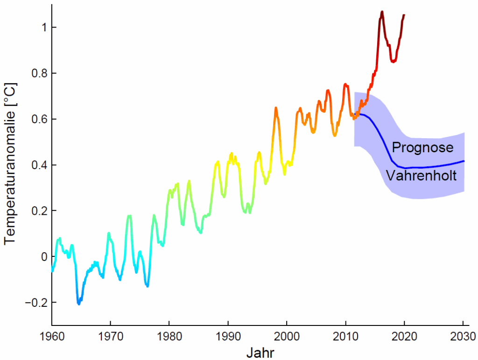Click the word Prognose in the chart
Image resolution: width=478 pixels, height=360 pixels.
[x=422, y=148]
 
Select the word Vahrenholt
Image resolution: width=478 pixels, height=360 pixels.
[x=421, y=176]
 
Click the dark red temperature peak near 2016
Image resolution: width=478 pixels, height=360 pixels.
[x=382, y=12]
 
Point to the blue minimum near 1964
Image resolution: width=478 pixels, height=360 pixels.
[x=78, y=304]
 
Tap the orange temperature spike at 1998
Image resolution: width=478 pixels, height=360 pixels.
[x=276, y=108]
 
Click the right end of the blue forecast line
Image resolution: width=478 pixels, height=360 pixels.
[x=464, y=161]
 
